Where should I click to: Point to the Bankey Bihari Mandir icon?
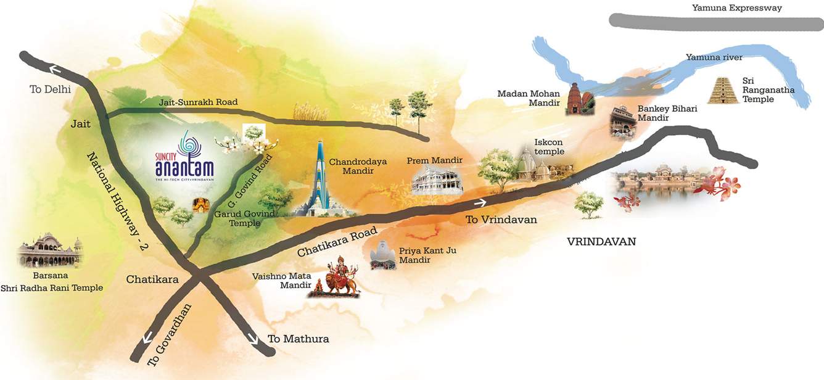[622, 123]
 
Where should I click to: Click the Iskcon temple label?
[549, 147]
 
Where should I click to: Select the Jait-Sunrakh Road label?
[189, 102]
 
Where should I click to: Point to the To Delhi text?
[50, 89]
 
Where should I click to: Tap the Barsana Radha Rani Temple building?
[50, 250]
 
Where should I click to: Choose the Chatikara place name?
[152, 279]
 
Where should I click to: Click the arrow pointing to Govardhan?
[148, 337]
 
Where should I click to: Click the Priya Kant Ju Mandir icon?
[383, 255]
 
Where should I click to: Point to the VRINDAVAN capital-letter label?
[601, 242]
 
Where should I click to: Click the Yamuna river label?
[714, 57]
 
